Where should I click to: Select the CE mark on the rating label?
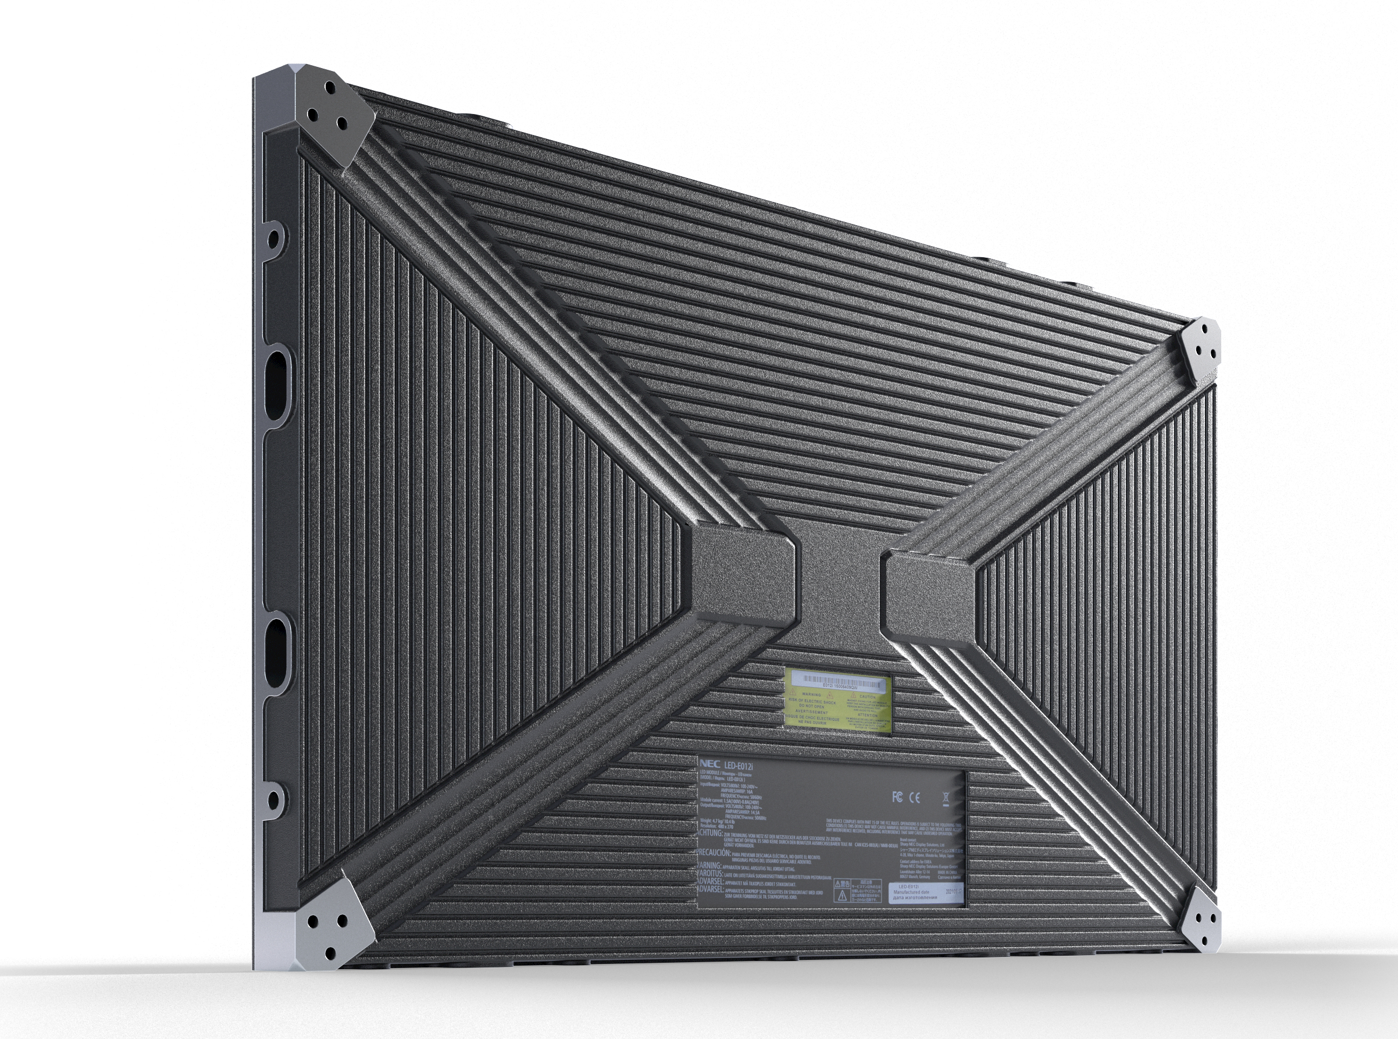tap(915, 798)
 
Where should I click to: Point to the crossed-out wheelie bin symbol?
tap(946, 798)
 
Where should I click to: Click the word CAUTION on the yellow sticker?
tap(867, 698)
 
